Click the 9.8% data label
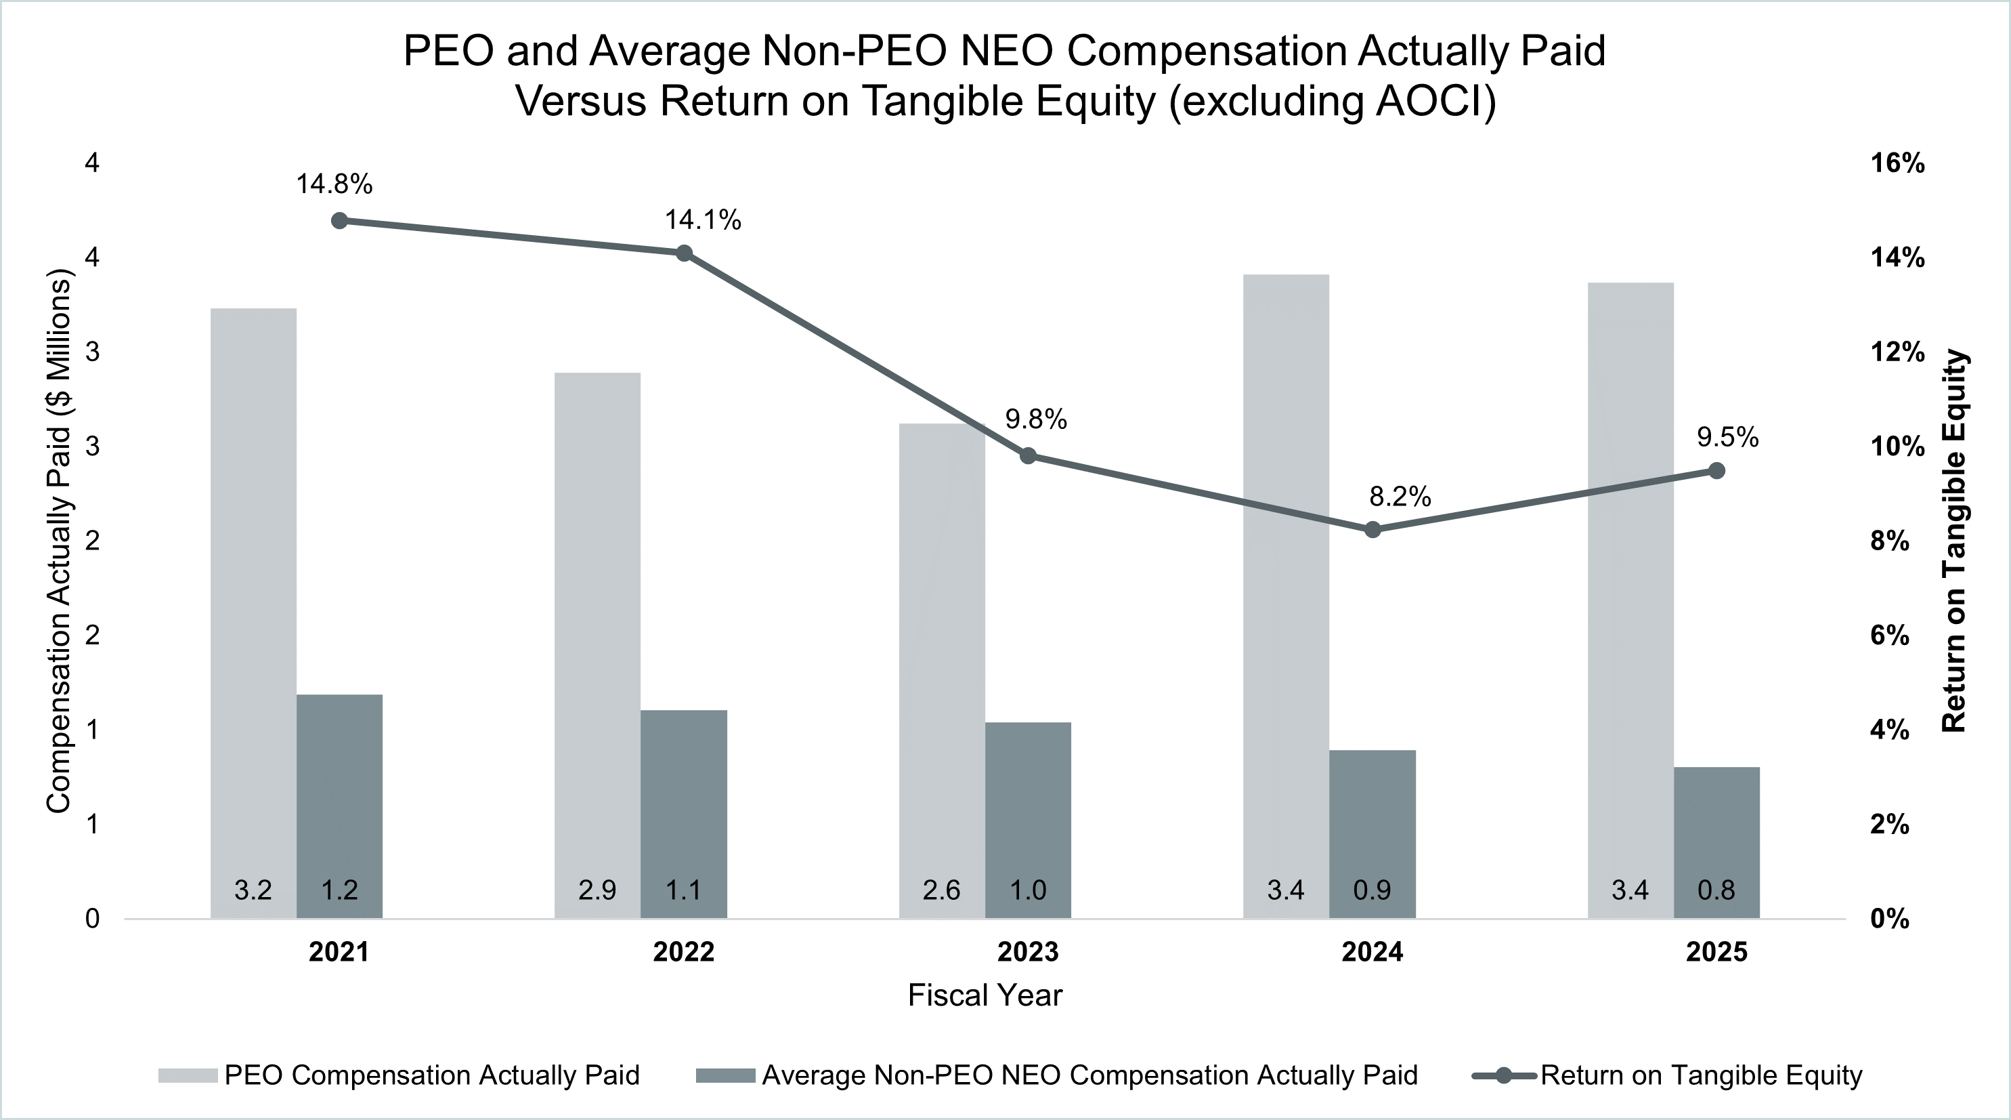1035,420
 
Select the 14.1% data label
703,220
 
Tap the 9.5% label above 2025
1727,438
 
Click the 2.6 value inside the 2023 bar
941,890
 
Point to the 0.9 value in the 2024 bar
1372,890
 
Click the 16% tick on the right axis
1897,163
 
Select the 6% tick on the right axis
1889,636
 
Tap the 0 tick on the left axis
92,919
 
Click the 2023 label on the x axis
1027,952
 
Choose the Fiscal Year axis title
985,996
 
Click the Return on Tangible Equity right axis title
1954,541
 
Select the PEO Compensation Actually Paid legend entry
431,1075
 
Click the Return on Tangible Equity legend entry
1700,1075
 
